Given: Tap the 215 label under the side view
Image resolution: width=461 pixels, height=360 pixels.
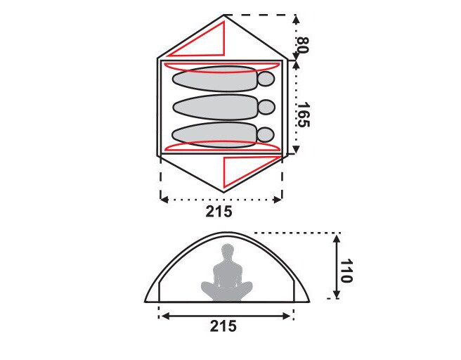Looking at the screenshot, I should point(223,326).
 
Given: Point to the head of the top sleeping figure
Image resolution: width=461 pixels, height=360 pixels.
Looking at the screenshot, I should point(266,79).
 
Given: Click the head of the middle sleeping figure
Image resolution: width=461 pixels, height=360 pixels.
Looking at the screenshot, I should point(266,107).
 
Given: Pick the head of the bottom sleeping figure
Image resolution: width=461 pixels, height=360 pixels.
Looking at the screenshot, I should point(266,134).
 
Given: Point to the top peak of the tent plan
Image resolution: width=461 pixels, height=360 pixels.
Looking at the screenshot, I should point(223,15).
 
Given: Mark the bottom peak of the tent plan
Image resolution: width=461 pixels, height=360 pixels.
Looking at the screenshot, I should point(223,191).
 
